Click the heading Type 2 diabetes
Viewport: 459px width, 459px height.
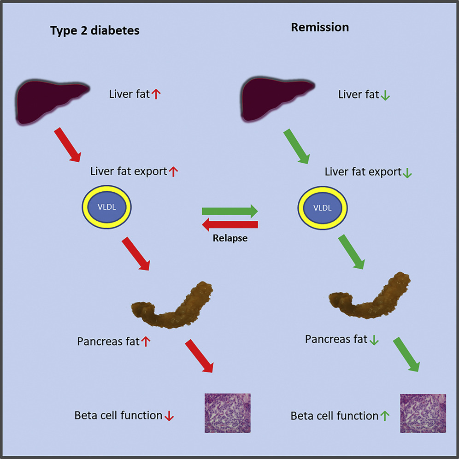pos(94,31)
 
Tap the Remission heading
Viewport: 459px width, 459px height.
pos(320,27)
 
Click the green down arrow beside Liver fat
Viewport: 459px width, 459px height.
pos(385,95)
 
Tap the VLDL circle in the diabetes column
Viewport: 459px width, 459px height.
pos(107,207)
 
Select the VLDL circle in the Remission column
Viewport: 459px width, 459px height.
pos(323,207)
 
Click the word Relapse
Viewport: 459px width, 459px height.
pos(230,238)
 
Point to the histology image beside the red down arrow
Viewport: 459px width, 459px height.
pos(227,413)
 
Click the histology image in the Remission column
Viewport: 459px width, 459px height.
pos(423,413)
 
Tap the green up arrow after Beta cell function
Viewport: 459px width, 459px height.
pos(385,416)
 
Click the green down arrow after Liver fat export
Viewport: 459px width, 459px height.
pos(407,173)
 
